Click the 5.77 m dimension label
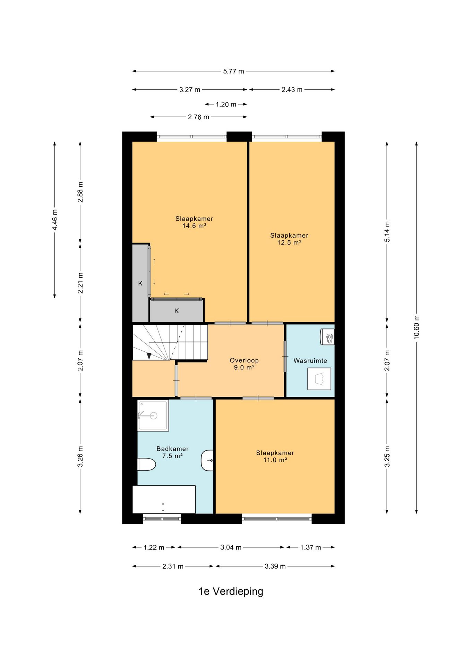[233, 71]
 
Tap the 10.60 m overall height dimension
[417, 327]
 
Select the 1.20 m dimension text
[226, 104]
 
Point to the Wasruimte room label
[310, 361]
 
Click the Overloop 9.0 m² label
[244, 364]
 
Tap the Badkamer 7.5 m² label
[172, 452]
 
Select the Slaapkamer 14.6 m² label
[194, 222]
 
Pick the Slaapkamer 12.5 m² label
[289, 239]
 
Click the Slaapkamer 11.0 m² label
[275, 456]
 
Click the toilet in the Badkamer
[147, 464]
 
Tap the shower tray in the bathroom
[153, 415]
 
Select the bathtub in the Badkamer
[164, 499]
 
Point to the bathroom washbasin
[207, 460]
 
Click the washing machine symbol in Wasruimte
[319, 379]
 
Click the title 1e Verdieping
[231, 591]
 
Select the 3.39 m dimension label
[275, 566]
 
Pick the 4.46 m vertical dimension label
[55, 220]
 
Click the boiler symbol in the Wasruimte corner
[327, 336]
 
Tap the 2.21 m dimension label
[80, 283]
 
